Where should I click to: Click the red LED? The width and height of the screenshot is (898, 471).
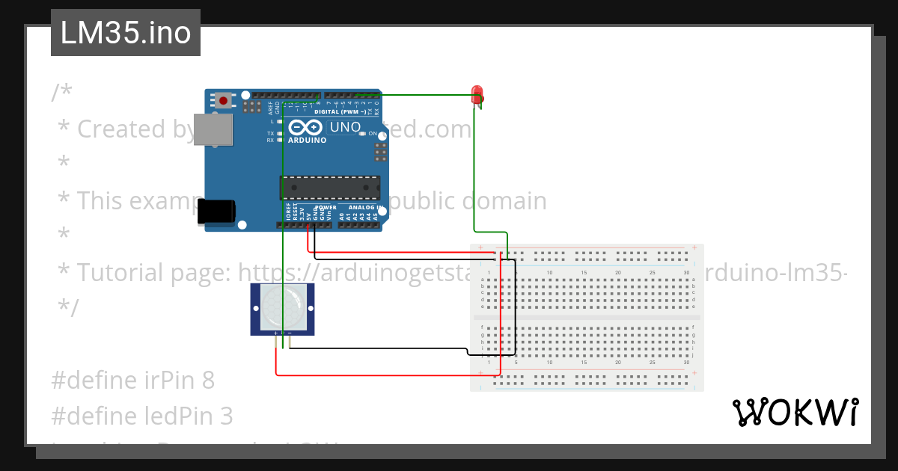pos(477,95)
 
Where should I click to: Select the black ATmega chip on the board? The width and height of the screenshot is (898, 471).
pos(330,187)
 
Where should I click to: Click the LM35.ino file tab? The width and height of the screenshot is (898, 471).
pos(125,33)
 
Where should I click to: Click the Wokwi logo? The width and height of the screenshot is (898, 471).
pos(795,413)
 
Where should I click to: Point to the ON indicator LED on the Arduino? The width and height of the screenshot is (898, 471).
pos(363,133)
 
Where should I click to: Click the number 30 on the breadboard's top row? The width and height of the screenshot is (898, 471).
pos(686,273)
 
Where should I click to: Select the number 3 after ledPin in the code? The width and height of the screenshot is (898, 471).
pos(227,416)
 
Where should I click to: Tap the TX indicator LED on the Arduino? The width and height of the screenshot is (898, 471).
pos(280,133)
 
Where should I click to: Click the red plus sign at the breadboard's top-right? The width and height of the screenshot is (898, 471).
pos(694,247)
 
